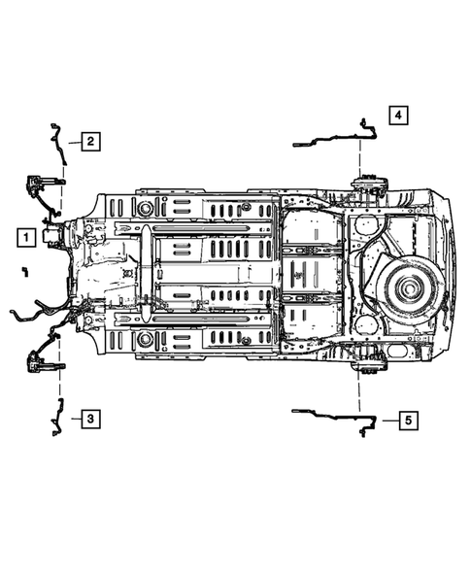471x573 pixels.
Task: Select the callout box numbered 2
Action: pyautogui.click(x=89, y=141)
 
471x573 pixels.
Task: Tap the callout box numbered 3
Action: pyautogui.click(x=89, y=419)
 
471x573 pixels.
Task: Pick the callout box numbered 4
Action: pyautogui.click(x=398, y=115)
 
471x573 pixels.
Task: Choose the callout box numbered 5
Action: pyautogui.click(x=408, y=420)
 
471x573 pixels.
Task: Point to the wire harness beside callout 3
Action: pyautogui.click(x=55, y=418)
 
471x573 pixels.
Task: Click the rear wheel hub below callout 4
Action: pyautogui.click(x=370, y=185)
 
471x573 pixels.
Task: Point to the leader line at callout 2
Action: pyautogui.click(x=73, y=142)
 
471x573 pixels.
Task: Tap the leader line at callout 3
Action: pyautogui.click(x=72, y=419)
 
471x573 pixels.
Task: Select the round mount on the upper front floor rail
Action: pyautogui.click(x=146, y=208)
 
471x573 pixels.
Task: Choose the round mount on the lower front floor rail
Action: pyautogui.click(x=146, y=340)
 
